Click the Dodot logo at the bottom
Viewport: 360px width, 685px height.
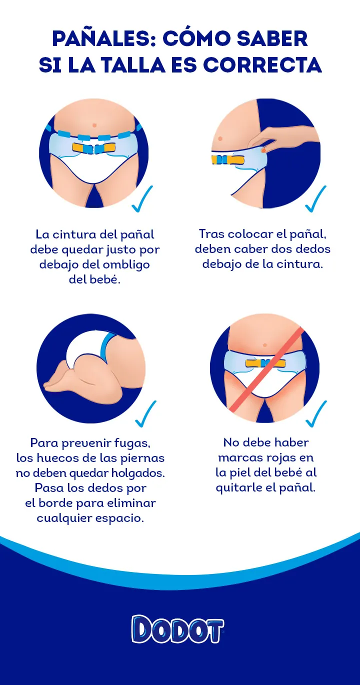click(177, 629)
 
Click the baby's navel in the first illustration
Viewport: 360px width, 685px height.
click(94, 124)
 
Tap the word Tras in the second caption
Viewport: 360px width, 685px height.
click(211, 234)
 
